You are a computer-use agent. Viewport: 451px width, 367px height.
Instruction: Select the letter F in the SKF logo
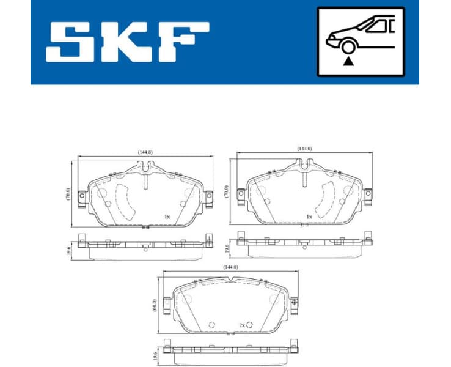click(183, 42)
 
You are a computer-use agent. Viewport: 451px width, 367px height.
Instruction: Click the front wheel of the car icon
click(348, 46)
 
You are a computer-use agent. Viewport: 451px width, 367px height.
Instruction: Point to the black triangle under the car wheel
click(348, 61)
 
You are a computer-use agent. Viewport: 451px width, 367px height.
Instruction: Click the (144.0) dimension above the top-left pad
click(145, 152)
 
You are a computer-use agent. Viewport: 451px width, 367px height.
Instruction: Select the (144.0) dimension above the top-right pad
click(304, 149)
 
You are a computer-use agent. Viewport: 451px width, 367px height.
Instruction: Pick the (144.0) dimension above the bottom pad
click(230, 267)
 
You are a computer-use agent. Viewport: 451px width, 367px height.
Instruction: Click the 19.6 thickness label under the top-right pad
click(226, 248)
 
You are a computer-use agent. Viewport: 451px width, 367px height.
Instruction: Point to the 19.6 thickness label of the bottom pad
click(155, 355)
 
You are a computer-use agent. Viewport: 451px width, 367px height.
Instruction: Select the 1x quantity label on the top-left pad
click(166, 217)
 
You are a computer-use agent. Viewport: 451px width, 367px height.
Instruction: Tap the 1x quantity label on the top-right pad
click(309, 217)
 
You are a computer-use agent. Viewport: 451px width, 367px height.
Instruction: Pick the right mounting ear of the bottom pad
click(295, 302)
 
